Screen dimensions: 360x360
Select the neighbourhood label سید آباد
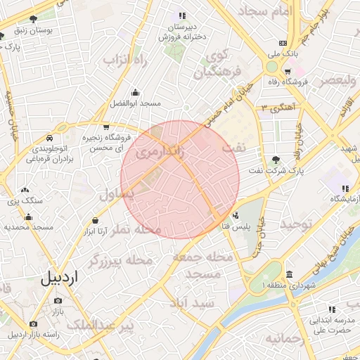[x=191, y=302]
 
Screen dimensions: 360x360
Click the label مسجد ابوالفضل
[x=136, y=103]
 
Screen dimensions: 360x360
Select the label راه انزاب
[x=125, y=60]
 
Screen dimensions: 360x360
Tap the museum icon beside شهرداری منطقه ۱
[x=290, y=274]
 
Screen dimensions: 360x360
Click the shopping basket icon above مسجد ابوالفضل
[x=136, y=92]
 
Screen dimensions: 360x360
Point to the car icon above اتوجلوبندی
[x=51, y=139]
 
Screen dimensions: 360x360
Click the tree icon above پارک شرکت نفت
[x=276, y=159]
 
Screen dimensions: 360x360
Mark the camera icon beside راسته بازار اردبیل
[x=33, y=323]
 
